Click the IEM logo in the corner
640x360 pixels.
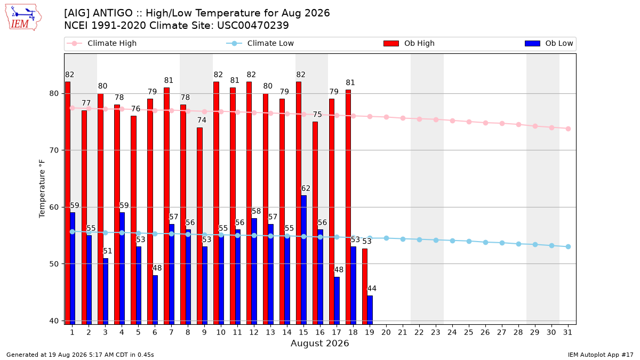(x=23, y=18)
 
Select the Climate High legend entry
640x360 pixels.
(x=101, y=43)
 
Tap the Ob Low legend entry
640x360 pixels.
(x=549, y=43)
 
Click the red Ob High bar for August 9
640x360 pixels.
(x=199, y=226)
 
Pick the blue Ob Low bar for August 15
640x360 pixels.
(x=303, y=260)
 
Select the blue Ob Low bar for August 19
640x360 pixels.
(x=370, y=310)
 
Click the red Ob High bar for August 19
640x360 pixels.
(x=365, y=286)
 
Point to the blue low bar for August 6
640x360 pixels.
(x=155, y=300)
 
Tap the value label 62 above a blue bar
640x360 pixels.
(x=306, y=189)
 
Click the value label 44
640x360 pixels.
(x=372, y=289)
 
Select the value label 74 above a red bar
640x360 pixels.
(x=202, y=121)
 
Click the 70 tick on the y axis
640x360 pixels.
(x=54, y=150)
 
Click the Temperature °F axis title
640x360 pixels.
(x=42, y=189)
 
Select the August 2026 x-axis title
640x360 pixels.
(x=319, y=343)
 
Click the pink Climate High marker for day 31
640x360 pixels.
(x=568, y=129)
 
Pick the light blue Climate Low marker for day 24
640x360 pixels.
(x=453, y=241)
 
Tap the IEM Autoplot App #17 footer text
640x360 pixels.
(x=601, y=355)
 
